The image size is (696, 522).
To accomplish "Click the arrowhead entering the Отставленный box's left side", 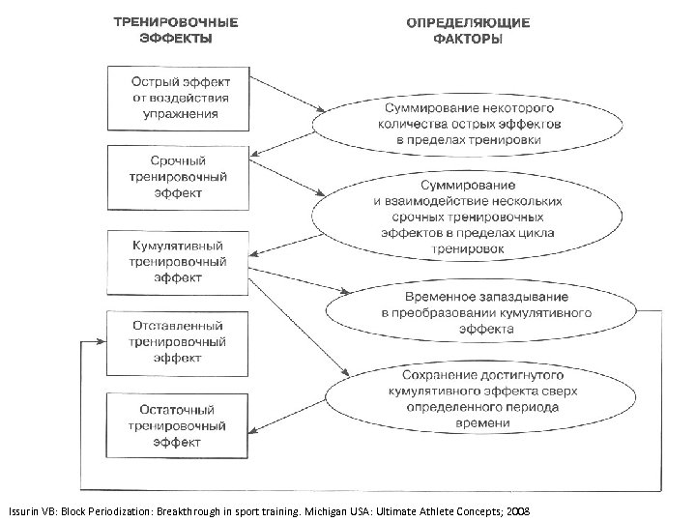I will click(101, 341).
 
